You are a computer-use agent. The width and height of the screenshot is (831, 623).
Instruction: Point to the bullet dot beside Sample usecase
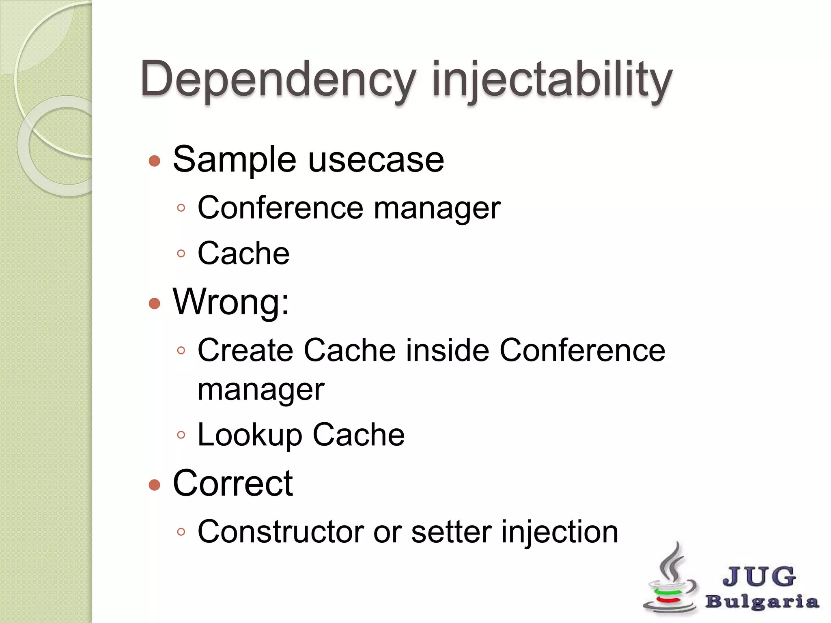(155, 161)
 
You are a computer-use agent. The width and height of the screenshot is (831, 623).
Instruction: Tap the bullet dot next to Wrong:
(155, 303)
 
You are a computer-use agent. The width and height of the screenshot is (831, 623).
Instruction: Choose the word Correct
(233, 483)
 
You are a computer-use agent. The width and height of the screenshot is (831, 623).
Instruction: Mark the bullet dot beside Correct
(155, 485)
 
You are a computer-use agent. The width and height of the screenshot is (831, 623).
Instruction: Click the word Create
(245, 350)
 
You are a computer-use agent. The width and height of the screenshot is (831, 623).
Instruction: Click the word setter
(451, 532)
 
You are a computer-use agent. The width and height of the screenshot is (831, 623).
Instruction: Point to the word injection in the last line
(560, 532)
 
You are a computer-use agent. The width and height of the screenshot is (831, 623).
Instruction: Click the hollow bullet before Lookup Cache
(181, 435)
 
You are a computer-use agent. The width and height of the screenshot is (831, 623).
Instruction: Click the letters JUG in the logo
(759, 576)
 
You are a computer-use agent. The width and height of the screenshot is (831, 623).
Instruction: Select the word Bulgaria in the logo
(762, 602)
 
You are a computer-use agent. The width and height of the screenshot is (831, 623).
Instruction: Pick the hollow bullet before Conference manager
(181, 208)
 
